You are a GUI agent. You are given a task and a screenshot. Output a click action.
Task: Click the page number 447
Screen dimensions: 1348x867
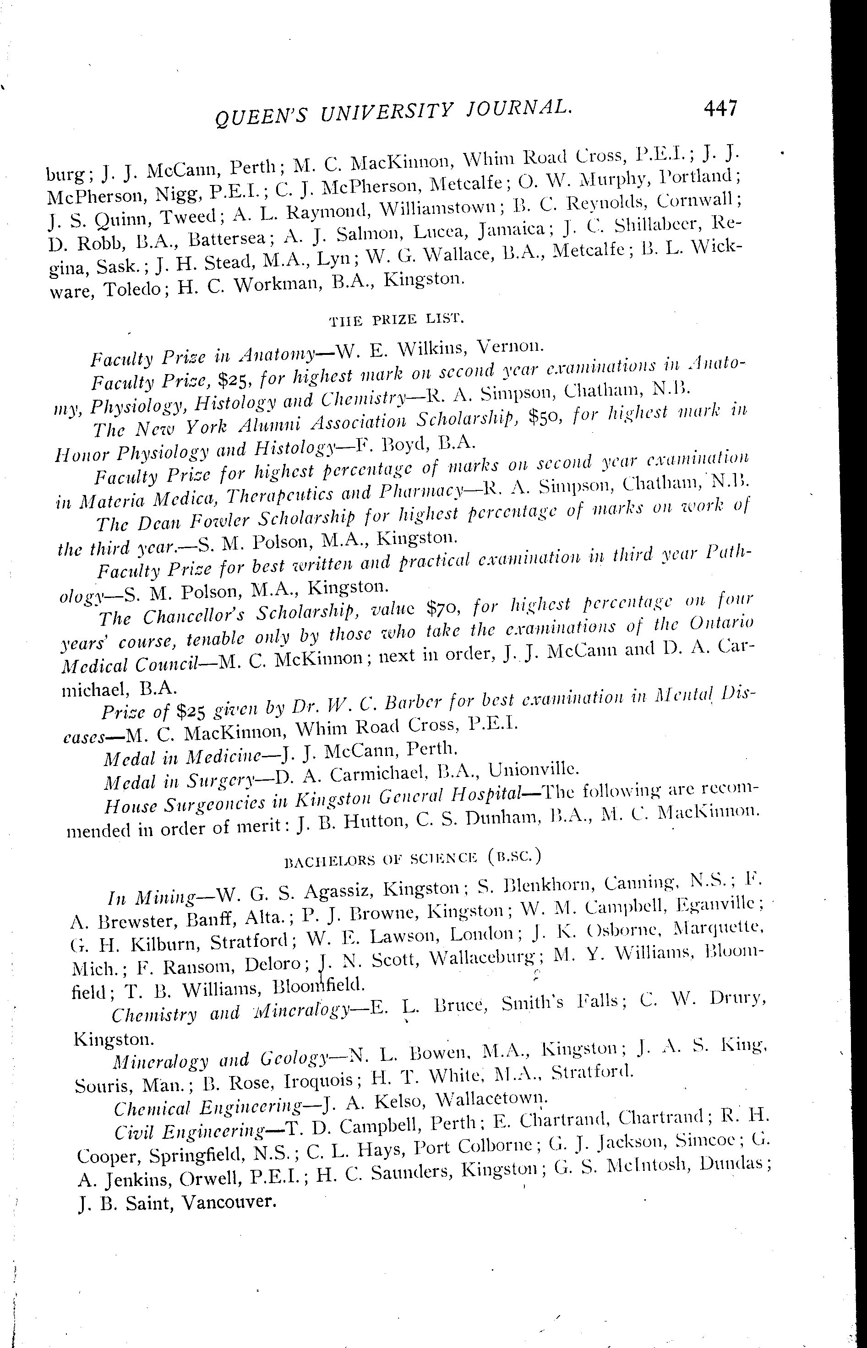tap(720, 107)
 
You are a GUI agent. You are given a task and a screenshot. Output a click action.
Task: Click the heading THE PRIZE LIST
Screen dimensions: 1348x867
tap(396, 320)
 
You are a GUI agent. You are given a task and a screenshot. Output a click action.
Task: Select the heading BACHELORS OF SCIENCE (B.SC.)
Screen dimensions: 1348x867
tap(413, 857)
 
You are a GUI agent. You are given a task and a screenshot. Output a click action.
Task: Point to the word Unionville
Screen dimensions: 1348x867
tap(532, 769)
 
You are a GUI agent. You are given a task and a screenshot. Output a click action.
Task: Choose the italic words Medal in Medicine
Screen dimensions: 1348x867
tap(183, 758)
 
